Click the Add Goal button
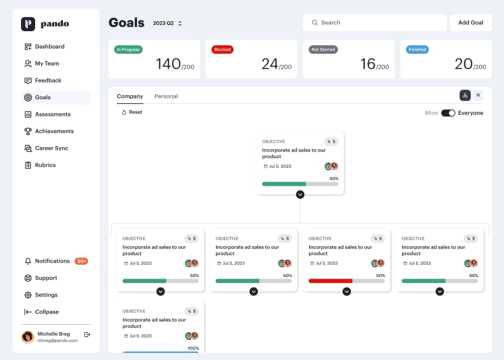[471, 22]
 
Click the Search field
[374, 22]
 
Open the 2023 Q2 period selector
[168, 23]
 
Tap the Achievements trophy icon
[28, 132]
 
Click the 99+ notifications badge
[81, 261]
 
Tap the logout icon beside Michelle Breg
[87, 334]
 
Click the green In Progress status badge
[128, 50]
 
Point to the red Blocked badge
[222, 50]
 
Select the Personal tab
[166, 96]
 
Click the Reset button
[132, 112]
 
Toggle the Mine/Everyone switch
[448, 113]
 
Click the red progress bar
[330, 281]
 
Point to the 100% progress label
[193, 348]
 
